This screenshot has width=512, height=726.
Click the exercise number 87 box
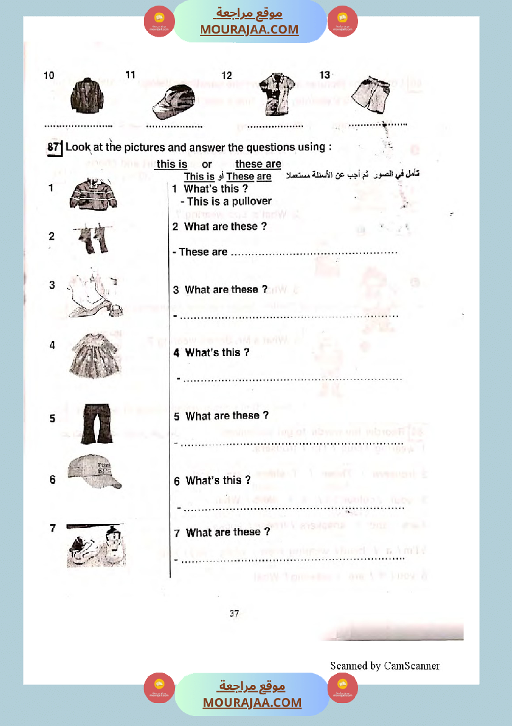[55, 148]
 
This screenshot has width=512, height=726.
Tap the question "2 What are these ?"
[220, 227]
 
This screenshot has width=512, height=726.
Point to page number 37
[234, 614]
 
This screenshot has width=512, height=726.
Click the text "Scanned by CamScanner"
[385, 666]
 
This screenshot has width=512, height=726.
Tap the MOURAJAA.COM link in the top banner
[249, 29]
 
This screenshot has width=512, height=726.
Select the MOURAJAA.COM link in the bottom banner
[252, 702]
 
